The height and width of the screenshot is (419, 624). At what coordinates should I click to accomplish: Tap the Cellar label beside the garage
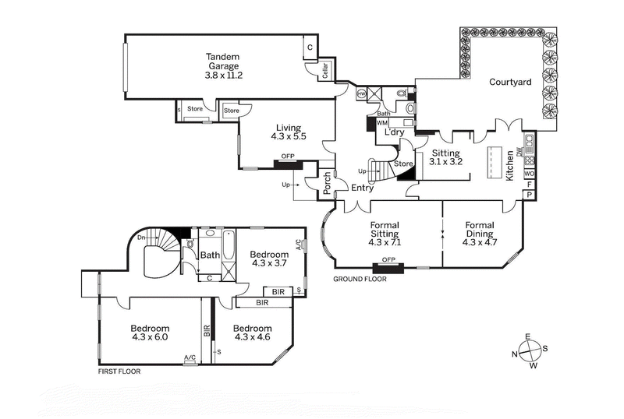[325, 72]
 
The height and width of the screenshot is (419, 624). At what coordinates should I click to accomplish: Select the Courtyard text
[510, 82]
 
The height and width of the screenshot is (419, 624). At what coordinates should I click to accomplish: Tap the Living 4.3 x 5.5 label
[289, 132]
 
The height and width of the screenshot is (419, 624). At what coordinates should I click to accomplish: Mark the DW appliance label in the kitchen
[530, 153]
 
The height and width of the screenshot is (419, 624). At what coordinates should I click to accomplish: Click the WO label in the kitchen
[530, 174]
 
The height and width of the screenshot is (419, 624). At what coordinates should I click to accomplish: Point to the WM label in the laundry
[382, 123]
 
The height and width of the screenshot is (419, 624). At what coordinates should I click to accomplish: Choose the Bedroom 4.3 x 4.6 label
[253, 333]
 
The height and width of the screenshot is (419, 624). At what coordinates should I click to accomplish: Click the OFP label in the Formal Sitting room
[388, 260]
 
